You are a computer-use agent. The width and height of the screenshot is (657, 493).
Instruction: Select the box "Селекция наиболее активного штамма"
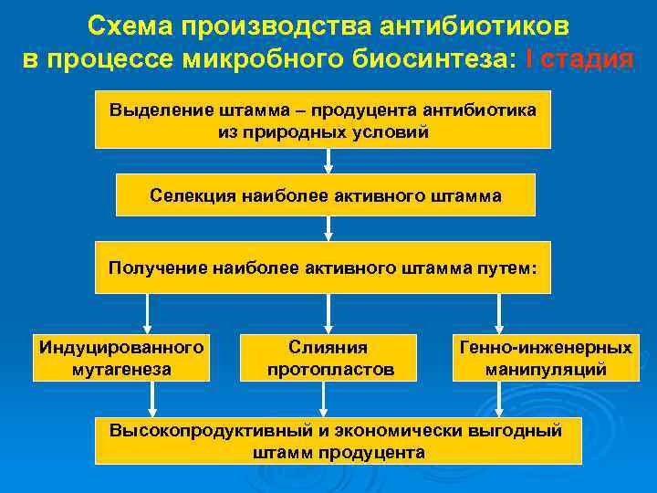326,195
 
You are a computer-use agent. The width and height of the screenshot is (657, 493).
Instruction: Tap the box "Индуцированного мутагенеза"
120,358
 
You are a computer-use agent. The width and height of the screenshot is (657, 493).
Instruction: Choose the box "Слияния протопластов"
328,358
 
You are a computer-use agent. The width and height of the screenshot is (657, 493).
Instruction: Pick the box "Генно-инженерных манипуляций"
546,358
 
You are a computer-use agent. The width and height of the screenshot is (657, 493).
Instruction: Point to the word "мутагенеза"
120,370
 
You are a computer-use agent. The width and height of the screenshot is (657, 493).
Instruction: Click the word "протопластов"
330,370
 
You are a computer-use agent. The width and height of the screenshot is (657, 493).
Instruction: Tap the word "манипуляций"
546,370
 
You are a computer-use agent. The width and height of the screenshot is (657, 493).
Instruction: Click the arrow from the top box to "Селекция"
328,161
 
